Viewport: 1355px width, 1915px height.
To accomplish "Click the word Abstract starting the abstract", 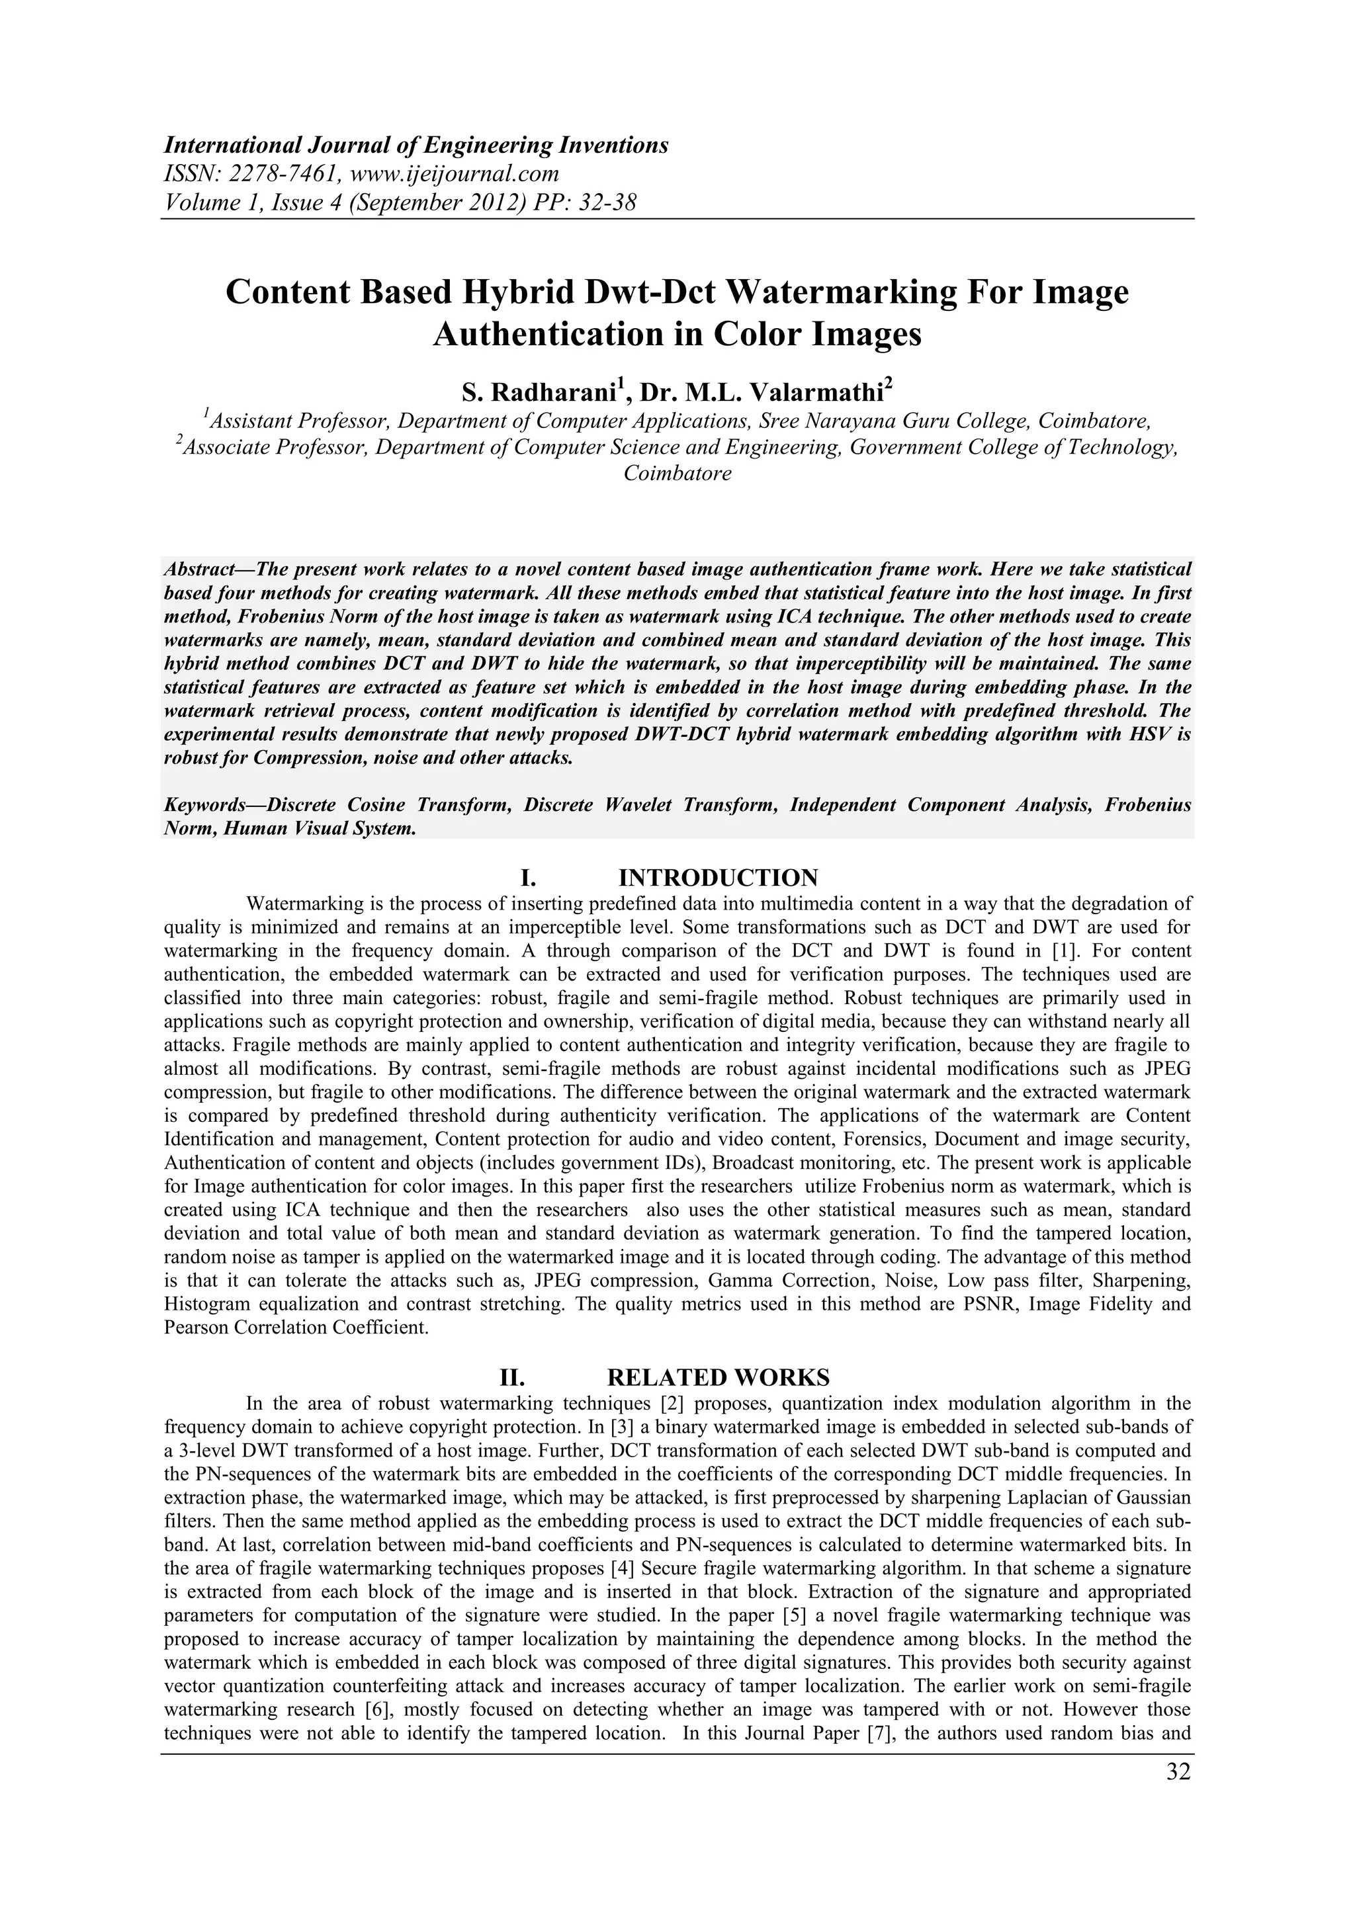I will coord(200,570).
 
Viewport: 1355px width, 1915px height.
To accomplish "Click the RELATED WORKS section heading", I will coord(719,1376).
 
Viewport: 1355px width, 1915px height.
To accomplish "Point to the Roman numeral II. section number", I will coord(510,1376).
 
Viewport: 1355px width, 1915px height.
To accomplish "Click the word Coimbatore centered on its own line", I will coord(677,474).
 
